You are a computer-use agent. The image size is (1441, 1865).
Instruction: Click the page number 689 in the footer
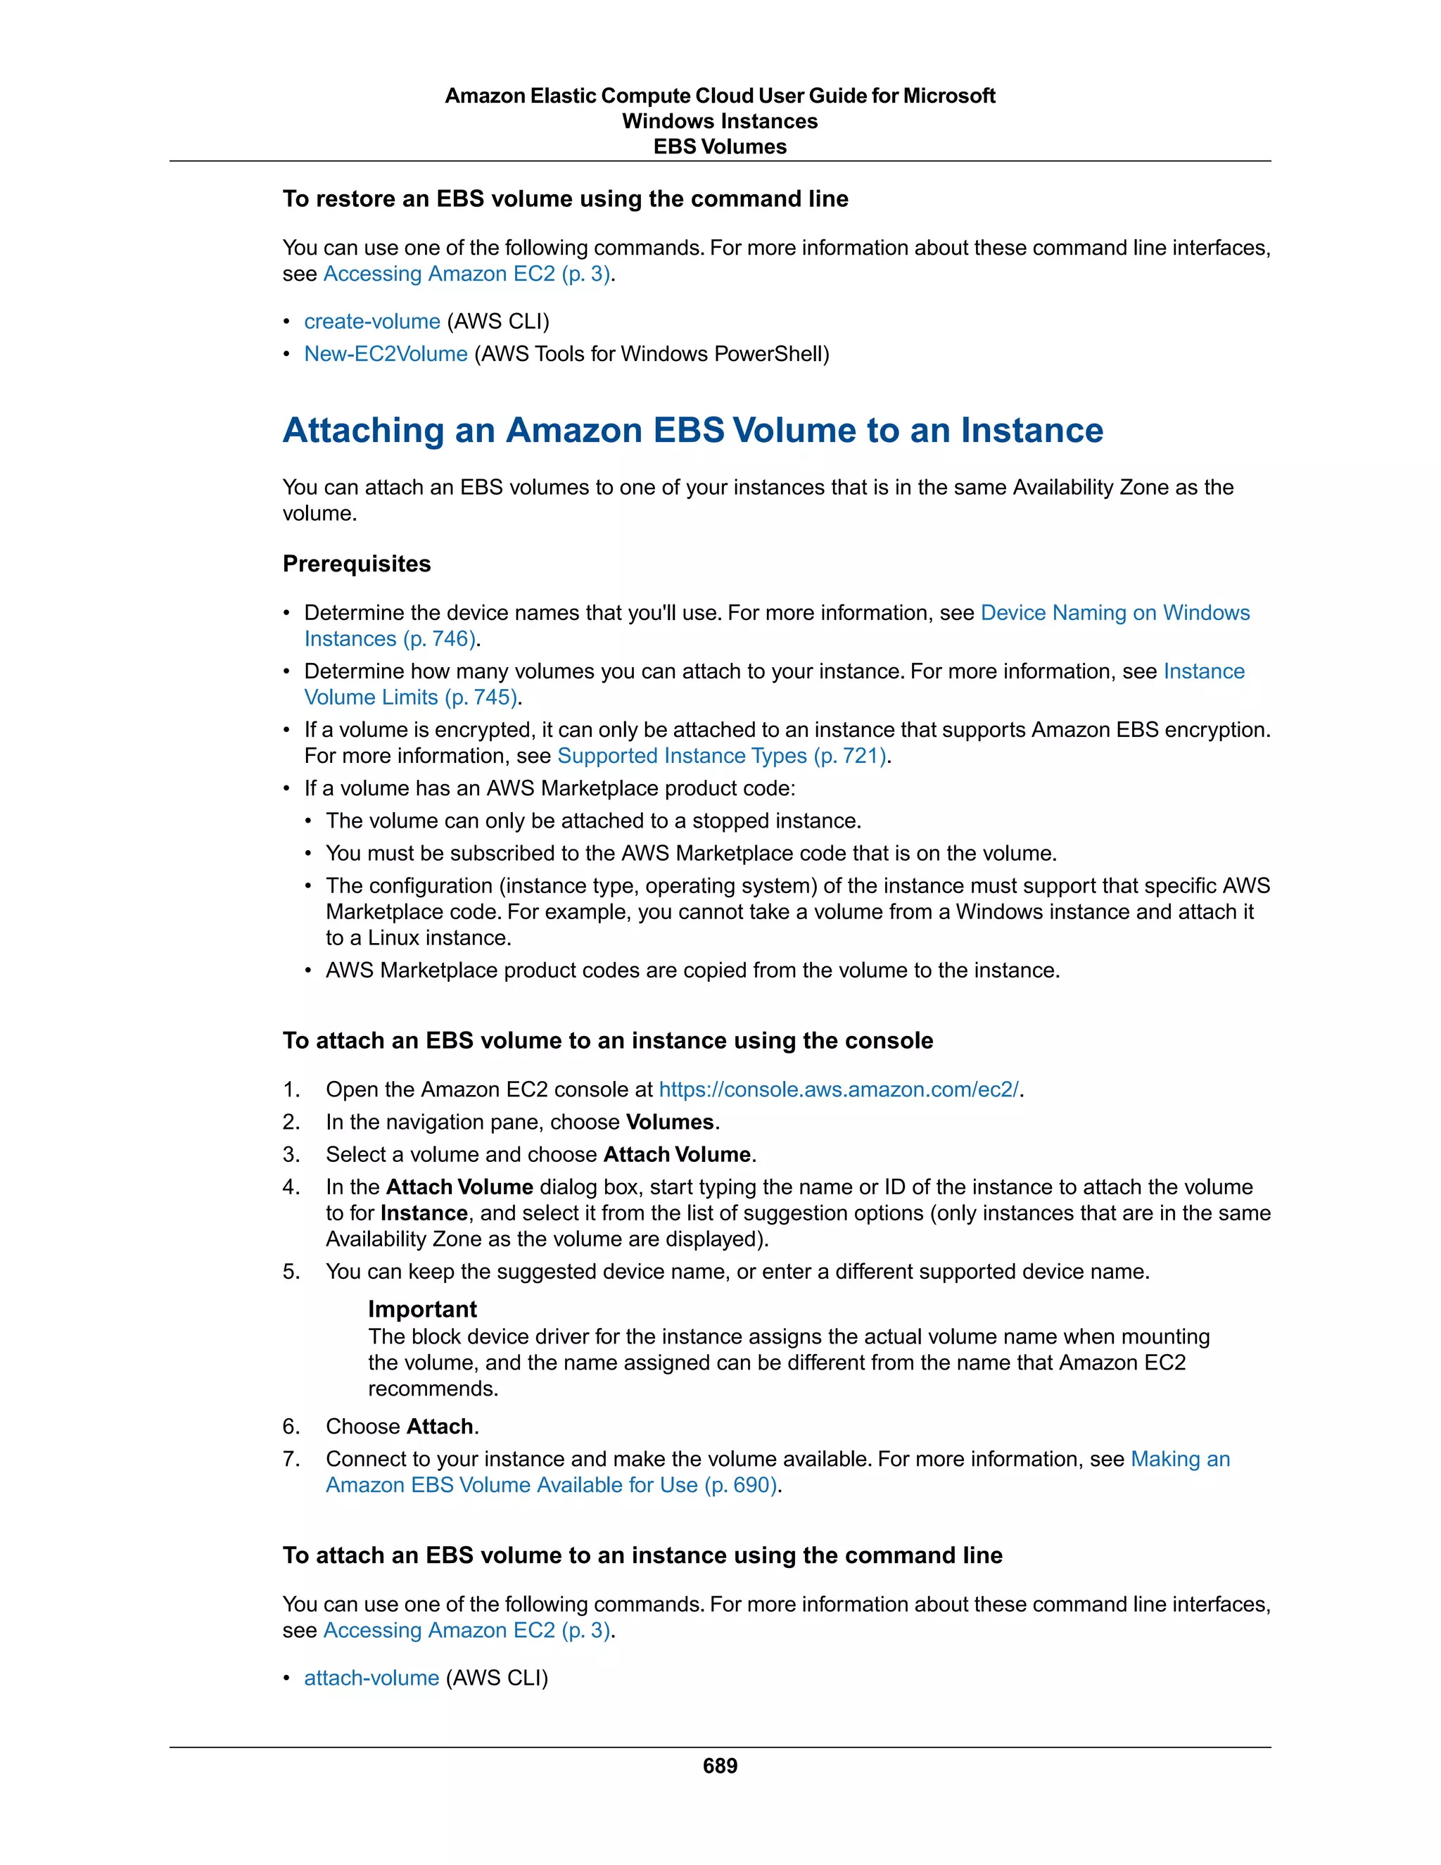(x=720, y=1765)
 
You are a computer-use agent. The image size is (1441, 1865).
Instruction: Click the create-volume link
(x=372, y=321)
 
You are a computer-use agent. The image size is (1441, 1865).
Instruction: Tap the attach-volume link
(x=372, y=1677)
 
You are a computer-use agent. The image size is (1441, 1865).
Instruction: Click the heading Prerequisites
(x=356, y=564)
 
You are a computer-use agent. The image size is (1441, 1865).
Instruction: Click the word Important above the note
(x=421, y=1309)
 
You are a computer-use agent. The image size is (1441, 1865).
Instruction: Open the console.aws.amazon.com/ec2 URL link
(x=838, y=1089)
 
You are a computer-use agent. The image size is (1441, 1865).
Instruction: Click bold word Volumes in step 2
(x=669, y=1121)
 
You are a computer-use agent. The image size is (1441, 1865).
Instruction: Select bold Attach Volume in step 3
(x=677, y=1154)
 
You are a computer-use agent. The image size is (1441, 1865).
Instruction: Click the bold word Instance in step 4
(x=424, y=1213)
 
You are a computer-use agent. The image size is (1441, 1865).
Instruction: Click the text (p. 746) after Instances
(x=439, y=639)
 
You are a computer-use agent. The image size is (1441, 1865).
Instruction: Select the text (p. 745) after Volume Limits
(x=481, y=697)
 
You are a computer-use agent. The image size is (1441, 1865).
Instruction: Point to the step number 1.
(x=291, y=1089)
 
